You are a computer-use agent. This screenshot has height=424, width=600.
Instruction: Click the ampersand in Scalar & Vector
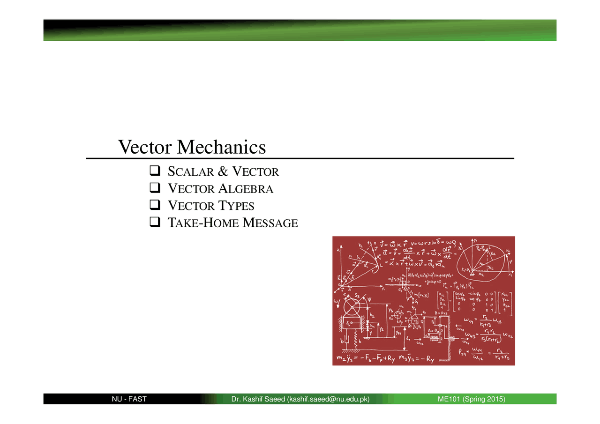pyautogui.click(x=223, y=172)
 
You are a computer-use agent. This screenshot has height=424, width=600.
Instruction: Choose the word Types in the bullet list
pyautogui.click(x=236, y=206)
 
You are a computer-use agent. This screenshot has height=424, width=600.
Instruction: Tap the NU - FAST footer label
pyautogui.click(x=129, y=399)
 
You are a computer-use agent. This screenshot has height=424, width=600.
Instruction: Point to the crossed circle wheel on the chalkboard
pyautogui.click(x=351, y=308)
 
